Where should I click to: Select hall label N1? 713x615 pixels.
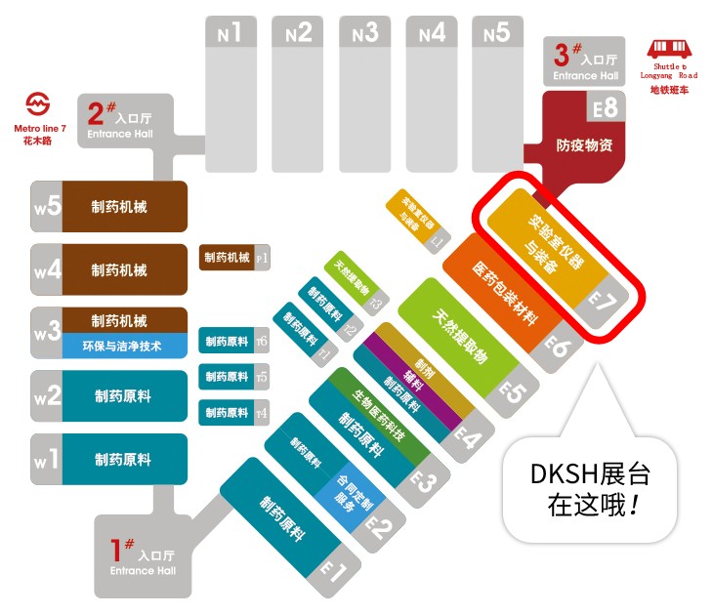coord(230,33)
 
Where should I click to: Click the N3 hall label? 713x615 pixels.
coord(363,33)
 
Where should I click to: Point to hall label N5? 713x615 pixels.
coord(496,33)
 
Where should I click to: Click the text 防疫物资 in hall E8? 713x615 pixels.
coord(584,145)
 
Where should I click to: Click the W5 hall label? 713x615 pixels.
coord(47,206)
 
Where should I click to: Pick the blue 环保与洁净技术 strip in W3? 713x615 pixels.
coord(125,345)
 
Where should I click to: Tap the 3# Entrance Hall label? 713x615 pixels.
coord(585,61)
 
